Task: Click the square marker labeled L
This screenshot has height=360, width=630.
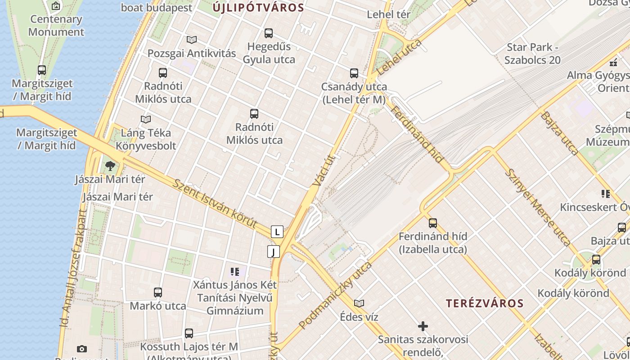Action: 277,232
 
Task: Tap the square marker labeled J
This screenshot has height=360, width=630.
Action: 274,252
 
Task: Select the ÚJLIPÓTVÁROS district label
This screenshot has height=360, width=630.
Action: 259,8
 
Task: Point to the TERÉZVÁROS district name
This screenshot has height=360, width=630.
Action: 485,303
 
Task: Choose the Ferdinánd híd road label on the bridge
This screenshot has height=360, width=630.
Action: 417,135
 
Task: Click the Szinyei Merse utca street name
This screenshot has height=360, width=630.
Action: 537,207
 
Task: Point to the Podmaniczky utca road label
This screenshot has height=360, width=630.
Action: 335,295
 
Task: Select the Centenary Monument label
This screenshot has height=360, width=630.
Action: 56,26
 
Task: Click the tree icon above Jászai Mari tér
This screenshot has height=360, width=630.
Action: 110,166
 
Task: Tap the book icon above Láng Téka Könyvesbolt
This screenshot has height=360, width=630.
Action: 145,119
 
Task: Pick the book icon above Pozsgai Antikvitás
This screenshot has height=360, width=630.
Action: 192,40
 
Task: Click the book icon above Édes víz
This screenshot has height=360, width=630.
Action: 359,303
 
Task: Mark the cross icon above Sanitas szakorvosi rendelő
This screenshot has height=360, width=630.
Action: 423,326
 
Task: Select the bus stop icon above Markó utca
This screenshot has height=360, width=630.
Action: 158,292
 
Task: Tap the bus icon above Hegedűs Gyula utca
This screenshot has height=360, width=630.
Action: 269,33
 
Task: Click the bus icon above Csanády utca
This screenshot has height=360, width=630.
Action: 354,73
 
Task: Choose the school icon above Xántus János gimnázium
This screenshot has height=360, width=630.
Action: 234,271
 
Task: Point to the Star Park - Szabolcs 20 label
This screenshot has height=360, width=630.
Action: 532,54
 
